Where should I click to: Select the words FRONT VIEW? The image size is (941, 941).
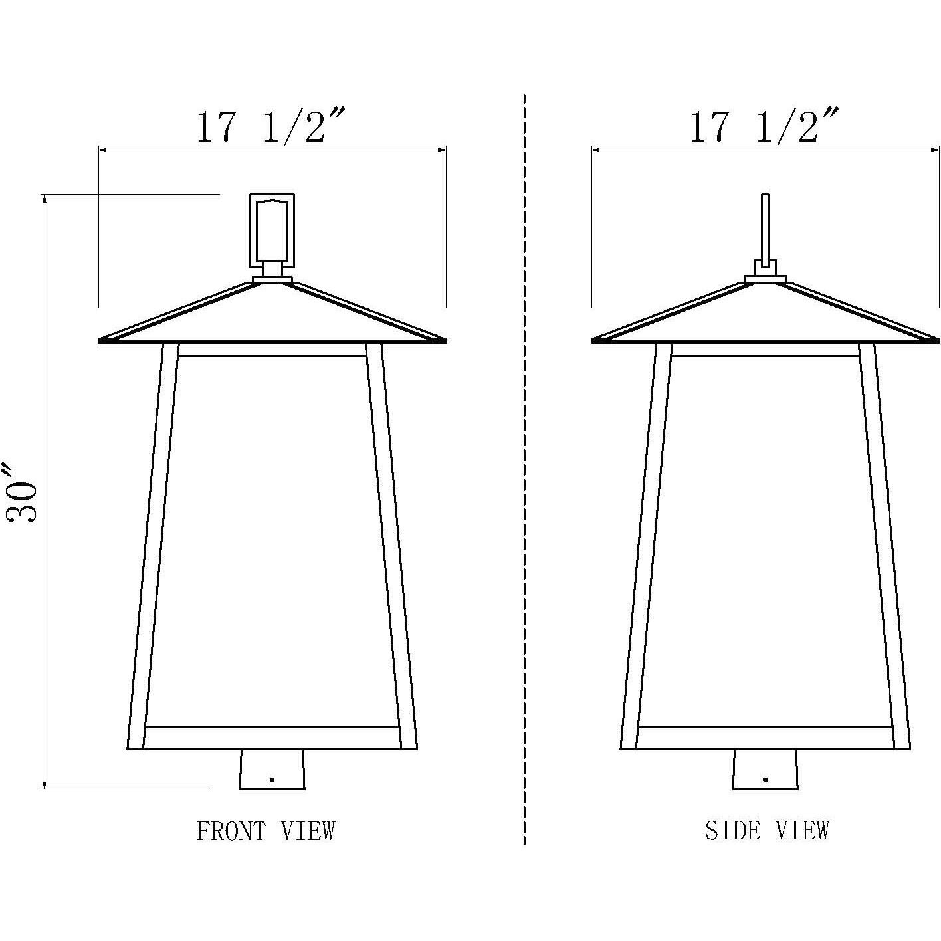pos(266,831)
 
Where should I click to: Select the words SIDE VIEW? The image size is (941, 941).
pos(768,831)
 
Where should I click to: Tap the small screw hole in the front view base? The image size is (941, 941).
pos(272,780)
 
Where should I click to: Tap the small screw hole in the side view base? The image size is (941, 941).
pos(766,780)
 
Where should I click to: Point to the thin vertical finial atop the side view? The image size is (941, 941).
pos(765,226)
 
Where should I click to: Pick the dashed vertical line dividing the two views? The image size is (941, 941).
pos(525,465)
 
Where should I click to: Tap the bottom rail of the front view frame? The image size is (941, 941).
pos(272,738)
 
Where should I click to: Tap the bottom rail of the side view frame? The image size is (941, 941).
pos(766,738)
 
